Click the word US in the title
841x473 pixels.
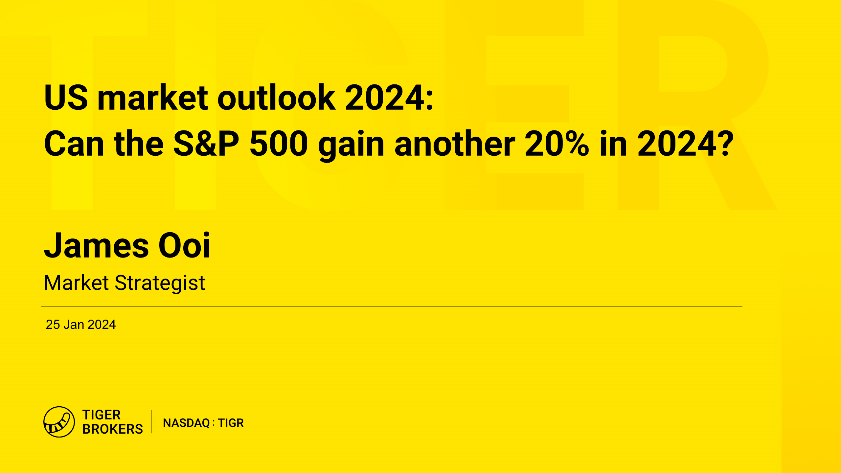coord(66,97)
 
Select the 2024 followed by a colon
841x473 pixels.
coord(389,97)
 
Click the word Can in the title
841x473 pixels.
coord(74,144)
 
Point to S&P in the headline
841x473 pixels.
coord(206,144)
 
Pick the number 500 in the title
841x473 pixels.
coord(279,144)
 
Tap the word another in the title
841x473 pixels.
coord(455,143)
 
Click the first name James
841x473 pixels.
coord(97,245)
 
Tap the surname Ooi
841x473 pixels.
coord(184,245)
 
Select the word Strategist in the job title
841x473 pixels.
coord(160,283)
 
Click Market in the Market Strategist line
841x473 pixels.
coord(77,283)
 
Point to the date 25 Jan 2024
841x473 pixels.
coord(81,325)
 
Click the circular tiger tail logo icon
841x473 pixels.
coord(59,422)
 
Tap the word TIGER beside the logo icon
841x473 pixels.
coord(102,415)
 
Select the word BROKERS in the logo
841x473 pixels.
coord(113,429)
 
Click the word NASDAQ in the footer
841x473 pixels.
coord(187,423)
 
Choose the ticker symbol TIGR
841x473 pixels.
coord(231,423)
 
